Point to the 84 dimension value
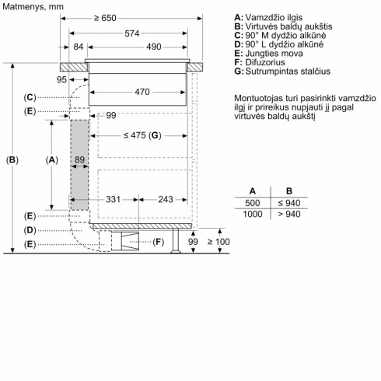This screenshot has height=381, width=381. click(x=79, y=48)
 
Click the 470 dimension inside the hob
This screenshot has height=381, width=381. click(x=142, y=92)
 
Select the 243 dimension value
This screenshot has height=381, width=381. click(x=165, y=200)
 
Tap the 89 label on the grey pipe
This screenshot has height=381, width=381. click(x=79, y=159)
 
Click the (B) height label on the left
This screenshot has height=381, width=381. click(x=12, y=160)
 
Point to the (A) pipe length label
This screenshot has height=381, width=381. click(x=52, y=159)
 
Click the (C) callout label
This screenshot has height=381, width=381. click(x=30, y=96)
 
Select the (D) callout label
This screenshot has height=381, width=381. click(x=30, y=230)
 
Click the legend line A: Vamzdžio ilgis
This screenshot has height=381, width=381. click(x=269, y=16)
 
